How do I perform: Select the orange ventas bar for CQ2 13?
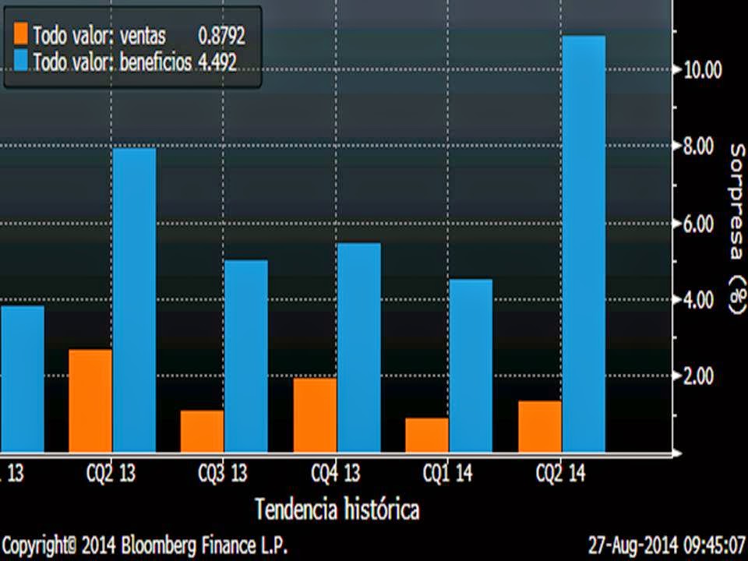90,400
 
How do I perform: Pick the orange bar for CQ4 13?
315,415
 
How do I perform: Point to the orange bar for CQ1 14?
427,435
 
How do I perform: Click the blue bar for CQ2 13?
134,300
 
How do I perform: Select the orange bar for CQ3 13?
202,431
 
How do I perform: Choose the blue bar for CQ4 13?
359,348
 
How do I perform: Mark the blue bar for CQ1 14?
471,365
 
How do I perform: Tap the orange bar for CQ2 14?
540,426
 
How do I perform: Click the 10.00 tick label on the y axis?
702,70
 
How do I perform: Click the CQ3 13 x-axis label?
223,473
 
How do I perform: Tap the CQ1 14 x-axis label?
447,473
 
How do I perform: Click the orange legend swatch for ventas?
20,34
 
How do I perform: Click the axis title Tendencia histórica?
337,510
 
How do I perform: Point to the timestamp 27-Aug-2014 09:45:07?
665,542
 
